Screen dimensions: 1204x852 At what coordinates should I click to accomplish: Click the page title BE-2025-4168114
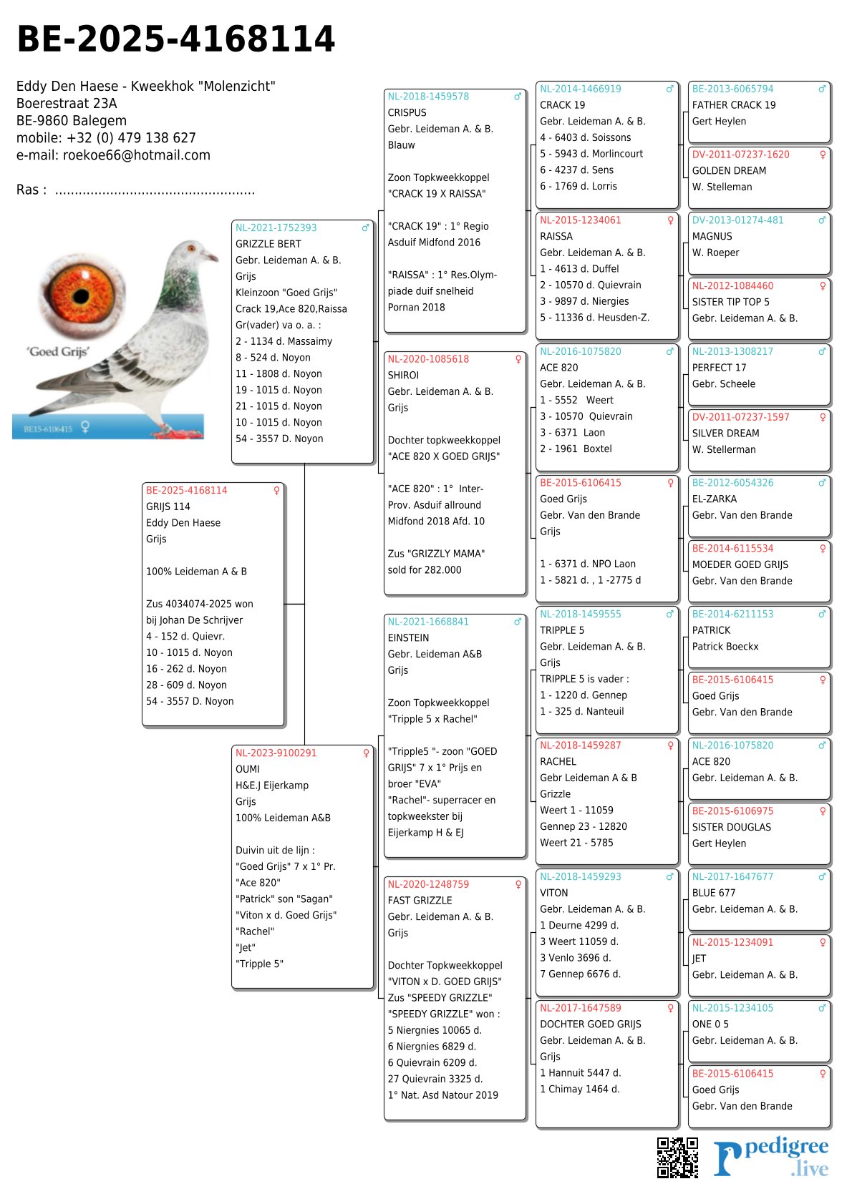coord(175,39)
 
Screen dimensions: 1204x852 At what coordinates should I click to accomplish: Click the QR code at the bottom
coord(677,1157)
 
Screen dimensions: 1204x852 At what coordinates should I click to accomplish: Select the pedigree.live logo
coord(771,1157)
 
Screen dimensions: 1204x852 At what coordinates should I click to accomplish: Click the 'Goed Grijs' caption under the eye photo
coord(58,351)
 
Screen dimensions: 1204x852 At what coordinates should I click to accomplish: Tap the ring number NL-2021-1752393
coord(276,227)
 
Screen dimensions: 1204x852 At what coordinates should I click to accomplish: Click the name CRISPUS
coord(407,112)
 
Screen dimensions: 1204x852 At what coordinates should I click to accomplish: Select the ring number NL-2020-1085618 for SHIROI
coord(428,359)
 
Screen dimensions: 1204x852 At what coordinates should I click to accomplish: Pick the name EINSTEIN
coord(408,637)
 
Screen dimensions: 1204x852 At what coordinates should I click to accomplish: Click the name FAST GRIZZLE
coord(420,900)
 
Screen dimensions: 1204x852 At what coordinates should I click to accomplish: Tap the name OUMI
coord(247,769)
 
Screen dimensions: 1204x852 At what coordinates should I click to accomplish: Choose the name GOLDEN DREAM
coord(729,170)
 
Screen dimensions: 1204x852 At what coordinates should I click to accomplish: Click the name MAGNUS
coord(712,236)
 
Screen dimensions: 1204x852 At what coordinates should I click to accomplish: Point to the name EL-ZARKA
coord(714,499)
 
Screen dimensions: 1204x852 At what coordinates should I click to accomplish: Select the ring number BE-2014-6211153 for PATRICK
coord(732,614)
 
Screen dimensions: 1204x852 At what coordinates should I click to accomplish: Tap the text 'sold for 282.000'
coord(425,569)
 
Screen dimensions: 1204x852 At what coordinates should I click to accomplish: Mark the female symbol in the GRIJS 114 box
coord(276,490)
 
